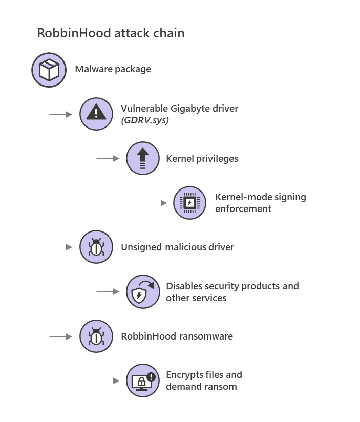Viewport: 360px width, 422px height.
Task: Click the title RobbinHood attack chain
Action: tap(111, 33)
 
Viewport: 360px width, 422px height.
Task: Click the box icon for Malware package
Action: tap(48, 69)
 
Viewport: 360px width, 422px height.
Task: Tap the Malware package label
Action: tap(113, 69)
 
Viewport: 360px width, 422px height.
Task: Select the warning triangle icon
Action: tap(96, 114)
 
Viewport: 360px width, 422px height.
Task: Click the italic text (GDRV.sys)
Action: tap(145, 120)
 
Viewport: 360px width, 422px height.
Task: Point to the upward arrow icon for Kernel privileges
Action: tap(143, 158)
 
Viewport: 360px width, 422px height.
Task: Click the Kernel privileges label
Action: tap(202, 158)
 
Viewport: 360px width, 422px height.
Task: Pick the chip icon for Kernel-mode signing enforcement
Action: tap(190, 203)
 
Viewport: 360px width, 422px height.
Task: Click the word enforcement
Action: tap(243, 208)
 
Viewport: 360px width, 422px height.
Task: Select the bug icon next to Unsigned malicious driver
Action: tap(96, 247)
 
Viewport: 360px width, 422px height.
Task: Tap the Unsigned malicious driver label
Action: tap(177, 247)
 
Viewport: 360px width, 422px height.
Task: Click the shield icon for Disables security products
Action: tap(143, 292)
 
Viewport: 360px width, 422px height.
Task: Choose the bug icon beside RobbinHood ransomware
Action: tap(96, 336)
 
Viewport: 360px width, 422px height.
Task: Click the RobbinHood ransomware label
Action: tap(177, 336)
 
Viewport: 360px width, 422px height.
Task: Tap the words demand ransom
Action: tap(201, 387)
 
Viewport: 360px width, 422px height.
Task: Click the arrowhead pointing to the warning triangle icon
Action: tap(70, 114)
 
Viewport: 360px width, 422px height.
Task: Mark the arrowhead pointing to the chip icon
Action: tap(164, 203)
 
